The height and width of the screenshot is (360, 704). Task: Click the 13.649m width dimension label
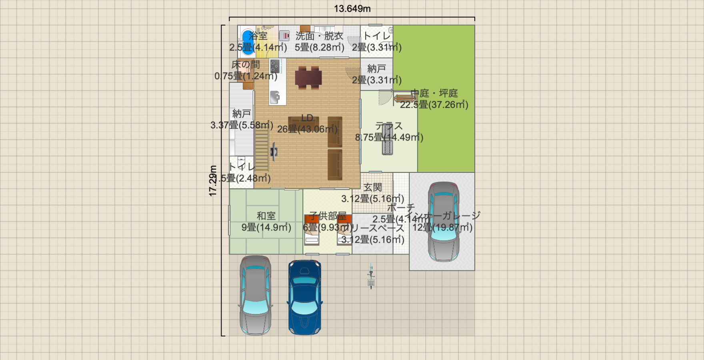coord(352,8)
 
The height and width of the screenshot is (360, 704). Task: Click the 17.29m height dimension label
coord(213,181)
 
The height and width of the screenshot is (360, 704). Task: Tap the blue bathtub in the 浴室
coord(247,42)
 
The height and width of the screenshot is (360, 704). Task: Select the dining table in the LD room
coord(308,77)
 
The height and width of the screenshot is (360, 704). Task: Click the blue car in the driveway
coord(304,297)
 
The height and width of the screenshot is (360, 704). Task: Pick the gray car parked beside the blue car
coord(256,295)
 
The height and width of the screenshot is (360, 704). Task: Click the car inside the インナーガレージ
coord(443,222)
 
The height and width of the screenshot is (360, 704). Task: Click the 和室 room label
coord(266,216)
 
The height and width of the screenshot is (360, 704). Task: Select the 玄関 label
coord(372,187)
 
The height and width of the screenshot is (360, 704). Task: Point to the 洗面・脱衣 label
coord(319,36)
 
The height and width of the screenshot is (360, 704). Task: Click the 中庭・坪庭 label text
coord(434,93)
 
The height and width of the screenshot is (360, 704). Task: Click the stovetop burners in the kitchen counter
coord(275,66)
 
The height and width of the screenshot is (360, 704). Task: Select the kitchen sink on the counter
coord(275,97)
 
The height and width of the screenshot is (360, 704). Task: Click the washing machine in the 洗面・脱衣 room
coord(284,36)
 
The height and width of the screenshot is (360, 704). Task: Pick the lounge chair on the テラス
coord(387,139)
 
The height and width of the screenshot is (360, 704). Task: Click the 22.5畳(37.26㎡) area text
coord(434,105)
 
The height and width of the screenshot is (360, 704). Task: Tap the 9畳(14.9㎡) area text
coord(266,228)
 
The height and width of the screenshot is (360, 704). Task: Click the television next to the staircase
coord(274,152)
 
